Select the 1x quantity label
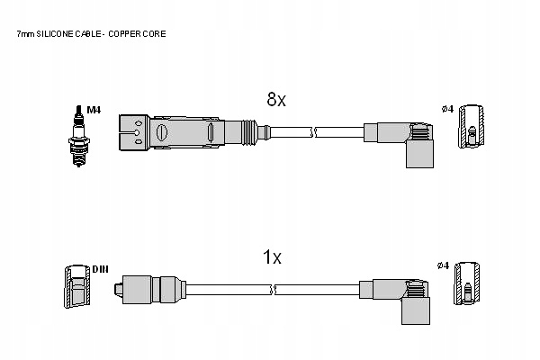click(x=272, y=258)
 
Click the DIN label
click(x=99, y=269)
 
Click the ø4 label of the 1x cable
click(x=442, y=265)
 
